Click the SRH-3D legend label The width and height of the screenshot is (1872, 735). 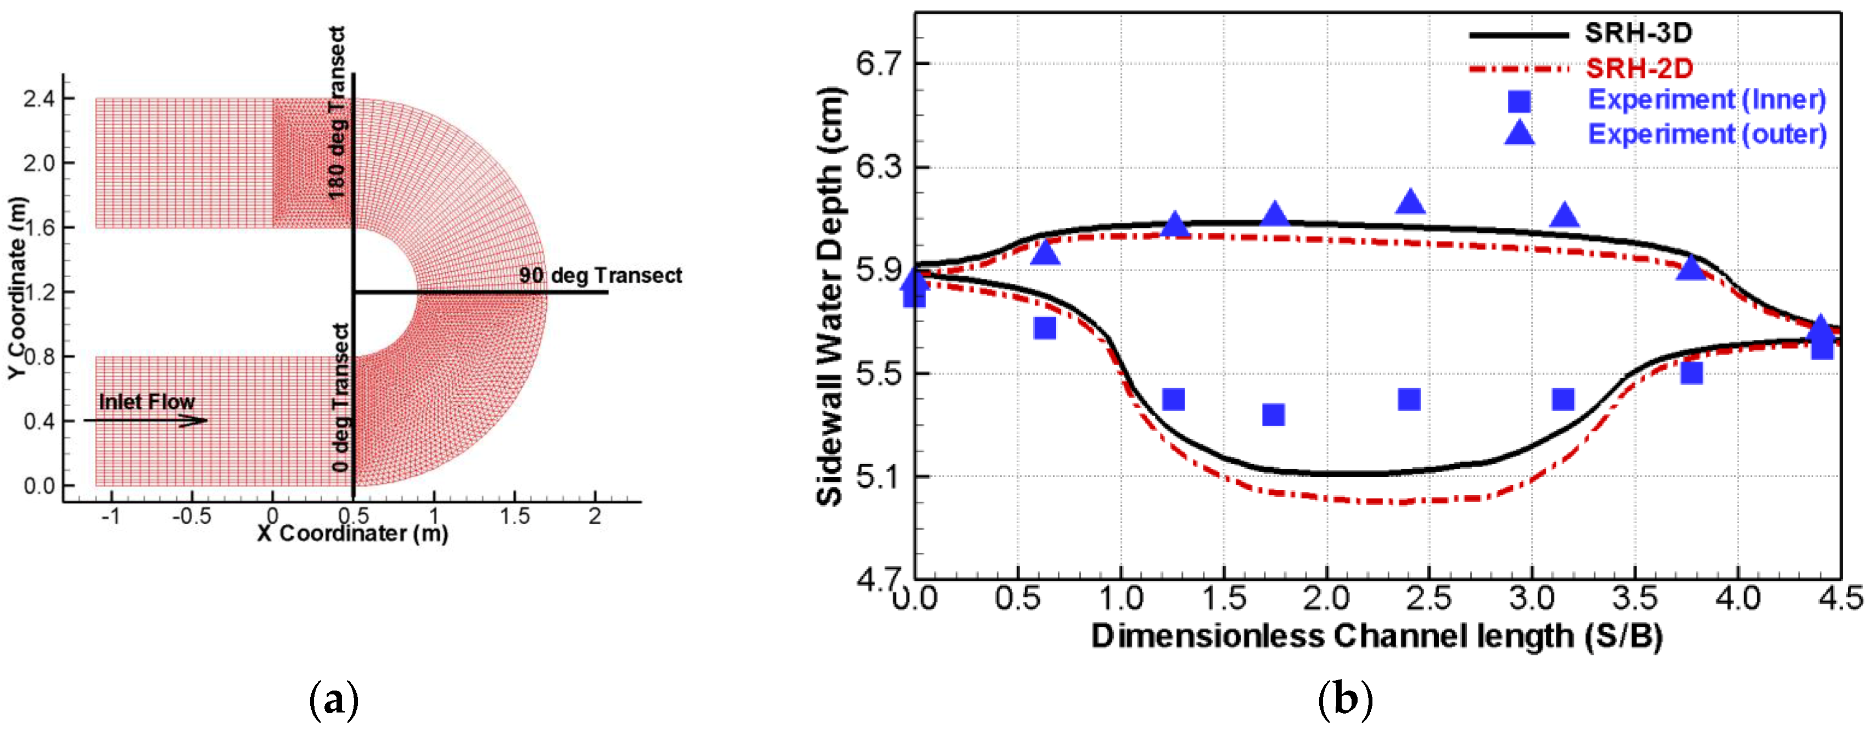click(x=1638, y=33)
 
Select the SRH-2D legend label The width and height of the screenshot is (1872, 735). click(x=1639, y=68)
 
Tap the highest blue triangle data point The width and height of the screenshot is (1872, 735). click(x=1410, y=202)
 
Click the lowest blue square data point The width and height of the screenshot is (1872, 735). click(x=1273, y=415)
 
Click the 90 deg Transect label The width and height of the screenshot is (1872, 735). click(x=600, y=276)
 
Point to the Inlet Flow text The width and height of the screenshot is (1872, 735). click(x=146, y=402)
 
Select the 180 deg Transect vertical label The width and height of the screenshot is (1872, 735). click(x=337, y=113)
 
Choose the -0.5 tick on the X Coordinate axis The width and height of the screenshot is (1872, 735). click(x=191, y=517)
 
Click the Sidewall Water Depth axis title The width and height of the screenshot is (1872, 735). click(x=830, y=296)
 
